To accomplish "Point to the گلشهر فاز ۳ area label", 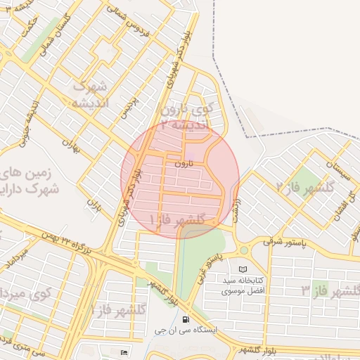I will [330, 290].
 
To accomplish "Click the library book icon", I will [243, 269].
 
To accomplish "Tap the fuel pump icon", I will [186, 318].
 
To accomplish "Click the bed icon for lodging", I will [125, 352].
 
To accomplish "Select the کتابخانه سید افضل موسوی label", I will [243, 285].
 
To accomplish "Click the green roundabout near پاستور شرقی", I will [244, 250].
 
